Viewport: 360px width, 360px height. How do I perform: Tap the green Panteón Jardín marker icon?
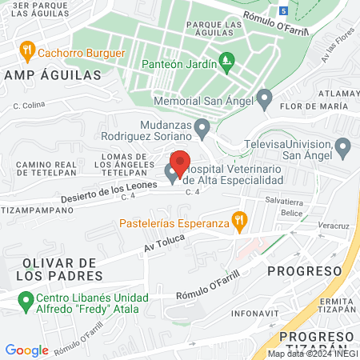227,60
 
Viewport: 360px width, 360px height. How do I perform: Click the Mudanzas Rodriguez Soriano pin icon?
202,128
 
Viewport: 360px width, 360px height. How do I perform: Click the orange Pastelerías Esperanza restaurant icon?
238,218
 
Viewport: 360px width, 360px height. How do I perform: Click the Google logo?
26,350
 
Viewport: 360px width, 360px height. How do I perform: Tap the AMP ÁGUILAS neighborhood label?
53,74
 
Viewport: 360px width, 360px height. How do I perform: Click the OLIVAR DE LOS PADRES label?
60,270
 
